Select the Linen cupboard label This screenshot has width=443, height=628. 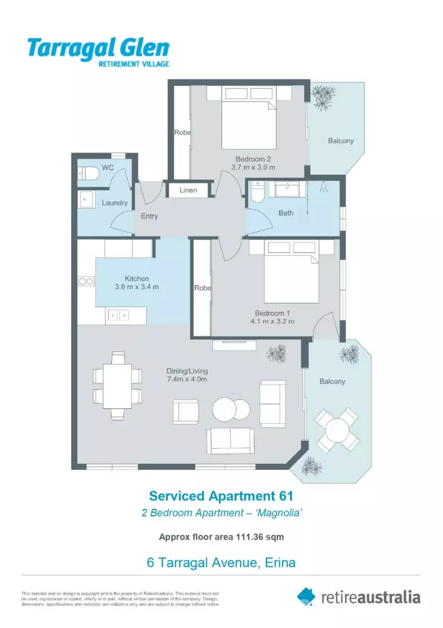[x=188, y=190]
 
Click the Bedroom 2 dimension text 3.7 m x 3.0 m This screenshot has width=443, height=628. [x=253, y=167]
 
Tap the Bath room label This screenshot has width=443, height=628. [x=286, y=213]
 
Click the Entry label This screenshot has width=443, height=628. [x=149, y=216]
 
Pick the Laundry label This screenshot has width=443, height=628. [x=114, y=203]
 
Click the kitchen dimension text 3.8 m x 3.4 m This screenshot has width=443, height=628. [x=137, y=287]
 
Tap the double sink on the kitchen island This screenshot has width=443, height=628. [x=118, y=316]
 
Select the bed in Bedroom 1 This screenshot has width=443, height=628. [x=284, y=276]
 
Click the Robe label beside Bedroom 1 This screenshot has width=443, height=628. [x=203, y=288]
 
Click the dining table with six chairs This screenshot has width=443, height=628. [x=118, y=385]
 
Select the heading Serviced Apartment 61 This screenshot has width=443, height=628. [x=221, y=496]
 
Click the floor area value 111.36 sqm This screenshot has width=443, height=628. [x=260, y=537]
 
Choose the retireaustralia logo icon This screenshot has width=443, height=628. [x=306, y=596]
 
